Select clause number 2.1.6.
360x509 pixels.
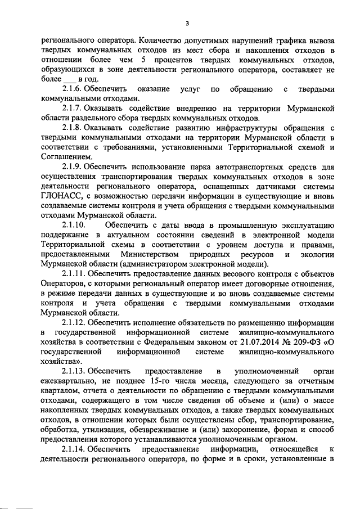pyautogui.click(x=74, y=89)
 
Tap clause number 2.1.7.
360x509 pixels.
pyautogui.click(x=74, y=109)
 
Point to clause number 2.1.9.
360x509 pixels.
pyautogui.click(x=74, y=167)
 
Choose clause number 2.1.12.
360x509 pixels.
pyautogui.click(x=76, y=323)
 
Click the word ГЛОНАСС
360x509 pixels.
pyautogui.click(x=63, y=196)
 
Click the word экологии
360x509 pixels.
pyautogui.click(x=316, y=255)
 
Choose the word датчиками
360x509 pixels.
pyautogui.click(x=271, y=187)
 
